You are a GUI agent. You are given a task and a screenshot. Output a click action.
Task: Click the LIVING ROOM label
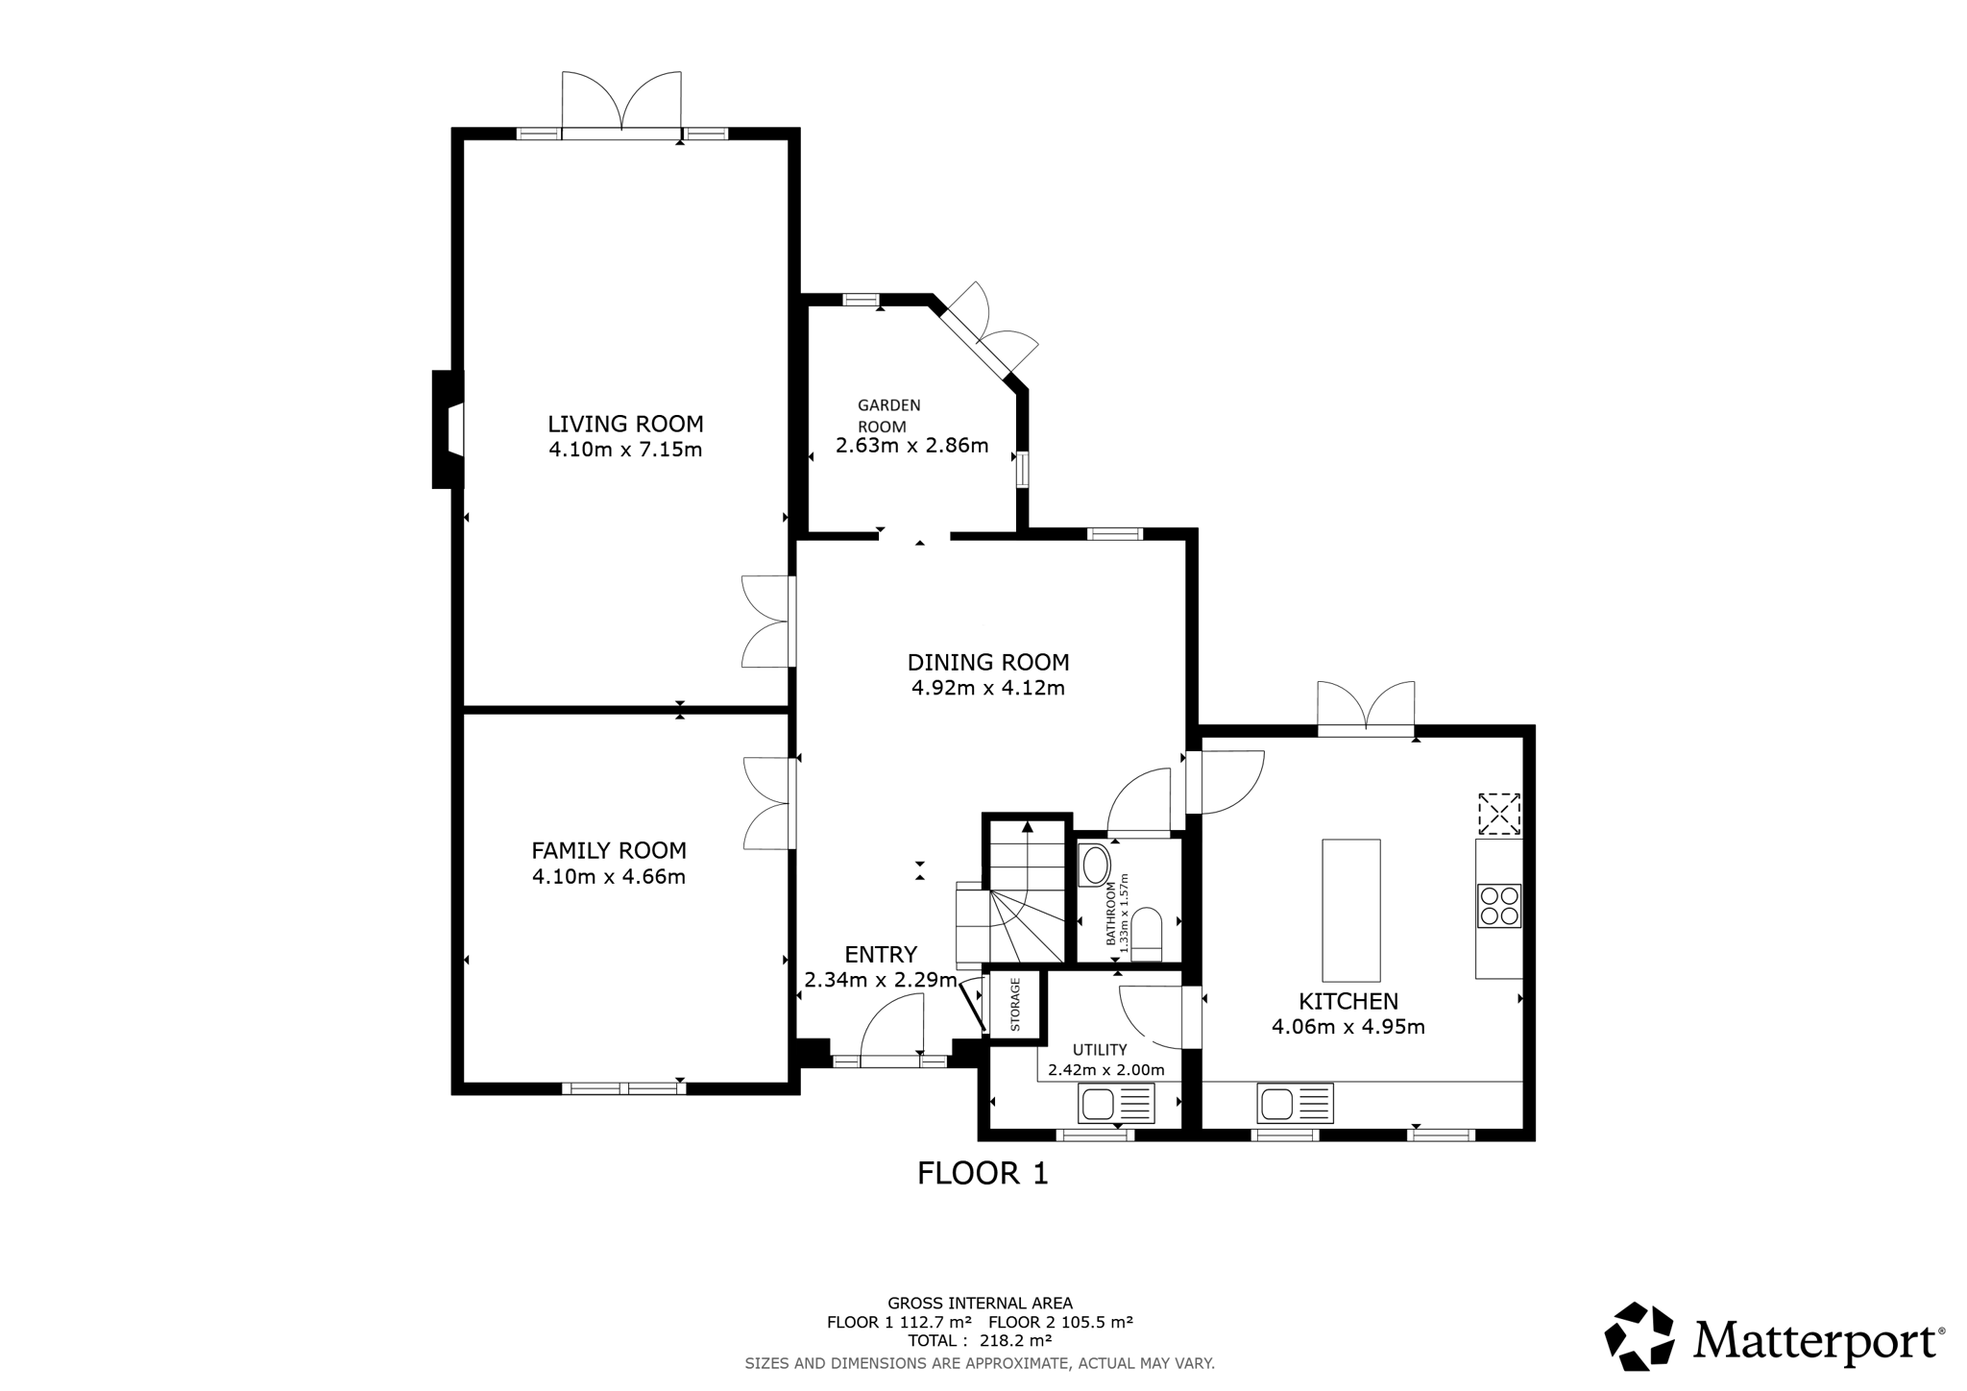coord(625,424)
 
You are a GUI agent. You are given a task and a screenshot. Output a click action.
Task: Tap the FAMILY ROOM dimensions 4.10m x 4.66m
coord(609,876)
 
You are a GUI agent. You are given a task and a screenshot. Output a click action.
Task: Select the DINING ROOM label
coord(988,662)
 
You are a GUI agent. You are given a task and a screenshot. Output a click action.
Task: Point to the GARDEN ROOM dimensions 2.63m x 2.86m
coord(911,446)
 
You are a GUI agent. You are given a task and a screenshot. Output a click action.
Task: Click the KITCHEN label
coord(1348,1001)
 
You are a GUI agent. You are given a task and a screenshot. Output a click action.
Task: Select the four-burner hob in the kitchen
coord(1499,905)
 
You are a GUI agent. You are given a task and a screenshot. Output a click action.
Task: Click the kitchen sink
coord(1295,1103)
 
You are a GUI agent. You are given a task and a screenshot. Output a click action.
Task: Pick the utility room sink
coord(1117,1104)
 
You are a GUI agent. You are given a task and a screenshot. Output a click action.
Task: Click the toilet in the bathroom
coord(1147,936)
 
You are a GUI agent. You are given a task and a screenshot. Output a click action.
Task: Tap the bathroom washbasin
coord(1095,865)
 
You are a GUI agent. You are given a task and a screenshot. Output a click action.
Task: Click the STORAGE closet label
coord(1015,1005)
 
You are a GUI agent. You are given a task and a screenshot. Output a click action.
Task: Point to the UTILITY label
coord(1100,1050)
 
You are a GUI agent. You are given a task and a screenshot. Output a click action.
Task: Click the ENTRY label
coord(881,954)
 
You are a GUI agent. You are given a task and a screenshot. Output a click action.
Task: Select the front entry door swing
coord(892,1027)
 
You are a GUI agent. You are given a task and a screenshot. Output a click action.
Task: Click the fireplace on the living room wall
coord(448,429)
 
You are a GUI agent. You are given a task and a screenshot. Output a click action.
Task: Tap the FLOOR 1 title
coord(983,1173)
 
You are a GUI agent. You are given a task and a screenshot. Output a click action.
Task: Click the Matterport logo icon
coord(1640,1336)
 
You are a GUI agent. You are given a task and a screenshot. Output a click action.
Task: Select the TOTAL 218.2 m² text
coord(980,1340)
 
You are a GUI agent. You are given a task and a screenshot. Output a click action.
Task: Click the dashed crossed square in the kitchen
coord(1499,814)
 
